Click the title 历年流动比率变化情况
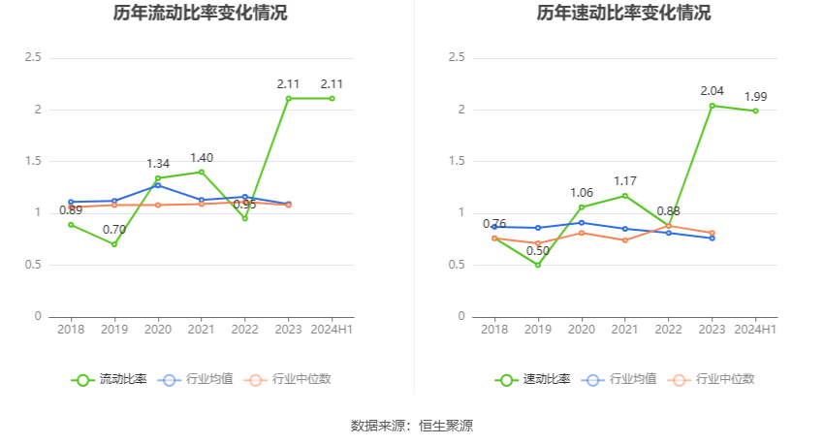[200, 14]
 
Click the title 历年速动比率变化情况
[623, 14]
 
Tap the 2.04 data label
[713, 91]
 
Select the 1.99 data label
[756, 97]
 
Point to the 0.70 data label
[114, 230]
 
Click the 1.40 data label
[202, 158]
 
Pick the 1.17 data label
[625, 181]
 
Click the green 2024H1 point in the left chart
[332, 98]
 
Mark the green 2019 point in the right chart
[538, 265]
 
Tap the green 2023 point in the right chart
[713, 106]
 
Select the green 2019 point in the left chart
[114, 244]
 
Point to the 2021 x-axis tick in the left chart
[202, 330]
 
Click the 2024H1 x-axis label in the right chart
[756, 330]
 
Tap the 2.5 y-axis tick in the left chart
[33, 58]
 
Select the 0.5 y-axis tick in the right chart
[457, 265]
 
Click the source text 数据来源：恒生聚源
[412, 425]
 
